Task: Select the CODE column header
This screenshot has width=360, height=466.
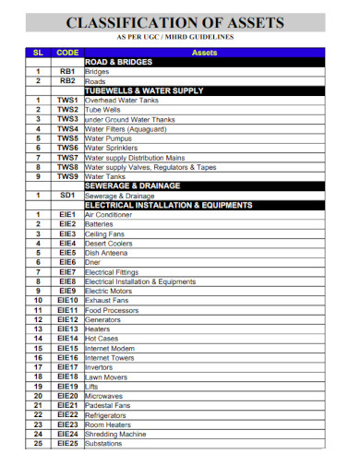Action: (x=67, y=53)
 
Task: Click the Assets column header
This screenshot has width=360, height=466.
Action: (x=203, y=53)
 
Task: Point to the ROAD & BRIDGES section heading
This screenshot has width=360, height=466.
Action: (x=118, y=62)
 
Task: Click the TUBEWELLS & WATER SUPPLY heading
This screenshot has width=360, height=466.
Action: (x=143, y=90)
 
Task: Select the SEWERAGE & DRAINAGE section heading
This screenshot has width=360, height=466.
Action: (x=131, y=185)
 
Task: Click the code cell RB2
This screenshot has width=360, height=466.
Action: (x=67, y=80)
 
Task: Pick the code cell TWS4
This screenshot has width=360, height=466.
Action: (x=67, y=128)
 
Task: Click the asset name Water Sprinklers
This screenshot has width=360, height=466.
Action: (x=112, y=148)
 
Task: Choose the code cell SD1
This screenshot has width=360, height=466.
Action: (x=67, y=195)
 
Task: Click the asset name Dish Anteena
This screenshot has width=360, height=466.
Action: (x=107, y=253)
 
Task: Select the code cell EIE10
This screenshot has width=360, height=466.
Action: (x=67, y=300)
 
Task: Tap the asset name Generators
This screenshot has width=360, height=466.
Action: (x=102, y=319)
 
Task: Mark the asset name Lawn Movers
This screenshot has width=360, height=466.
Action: (x=105, y=376)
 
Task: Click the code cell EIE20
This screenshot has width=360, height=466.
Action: (x=67, y=396)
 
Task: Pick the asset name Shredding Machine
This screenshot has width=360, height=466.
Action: (x=115, y=434)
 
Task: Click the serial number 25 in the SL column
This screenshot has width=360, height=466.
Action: (x=39, y=444)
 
